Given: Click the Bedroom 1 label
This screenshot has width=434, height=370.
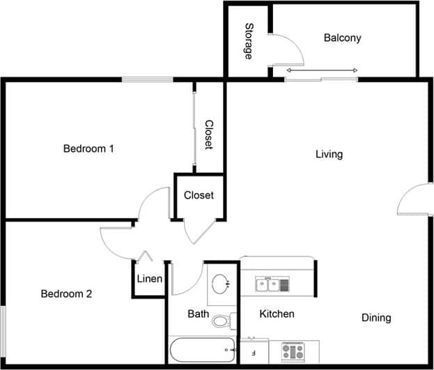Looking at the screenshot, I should coord(88,148).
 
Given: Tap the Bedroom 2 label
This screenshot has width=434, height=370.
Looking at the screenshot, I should coord(66,294).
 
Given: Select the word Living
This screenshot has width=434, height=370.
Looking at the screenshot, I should coord(329,154).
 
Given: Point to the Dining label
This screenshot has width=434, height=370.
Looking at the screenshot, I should coord(376,318).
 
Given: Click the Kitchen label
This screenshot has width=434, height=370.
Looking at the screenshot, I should coord(277,314).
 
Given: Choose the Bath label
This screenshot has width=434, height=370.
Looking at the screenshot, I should coord(199,314).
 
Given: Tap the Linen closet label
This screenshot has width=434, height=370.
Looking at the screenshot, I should coord(149,279).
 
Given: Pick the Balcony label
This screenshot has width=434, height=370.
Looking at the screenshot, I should coord(343,38).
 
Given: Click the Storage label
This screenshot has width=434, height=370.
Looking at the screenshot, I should coord(249,41).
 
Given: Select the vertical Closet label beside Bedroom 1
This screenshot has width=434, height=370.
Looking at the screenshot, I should coord(208,135).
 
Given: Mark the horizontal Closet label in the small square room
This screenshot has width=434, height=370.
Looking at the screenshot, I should coord(199,196).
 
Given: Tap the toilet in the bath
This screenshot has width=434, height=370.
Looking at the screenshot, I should coord(222,321).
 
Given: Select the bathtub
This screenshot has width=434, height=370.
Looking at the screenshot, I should coord(202,348).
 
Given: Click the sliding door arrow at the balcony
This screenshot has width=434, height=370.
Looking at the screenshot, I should coord(322,70).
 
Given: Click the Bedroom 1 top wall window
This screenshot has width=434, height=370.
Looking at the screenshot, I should coord(148,79).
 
